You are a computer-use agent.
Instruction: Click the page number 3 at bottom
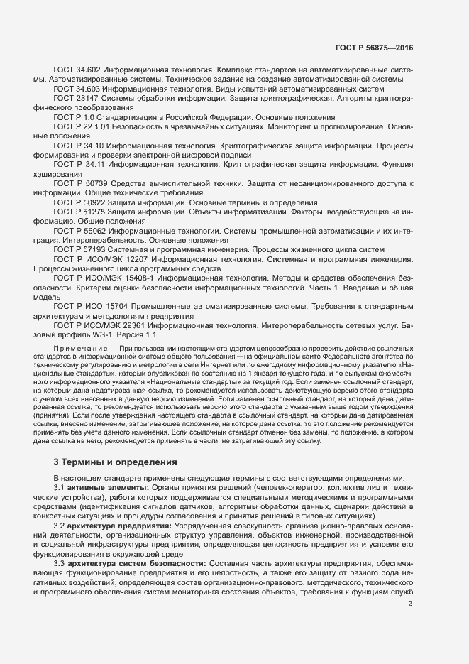click(411, 604)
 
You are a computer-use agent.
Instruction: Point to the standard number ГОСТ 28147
click(75, 99)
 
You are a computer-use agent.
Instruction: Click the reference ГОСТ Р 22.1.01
click(81, 126)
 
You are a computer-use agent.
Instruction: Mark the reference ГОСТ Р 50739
click(79, 184)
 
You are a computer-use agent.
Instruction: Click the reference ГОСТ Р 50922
click(78, 202)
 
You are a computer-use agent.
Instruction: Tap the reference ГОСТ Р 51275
click(78, 212)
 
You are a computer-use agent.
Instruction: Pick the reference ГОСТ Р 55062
click(78, 231)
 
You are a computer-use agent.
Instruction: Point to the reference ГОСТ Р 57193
click(78, 249)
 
